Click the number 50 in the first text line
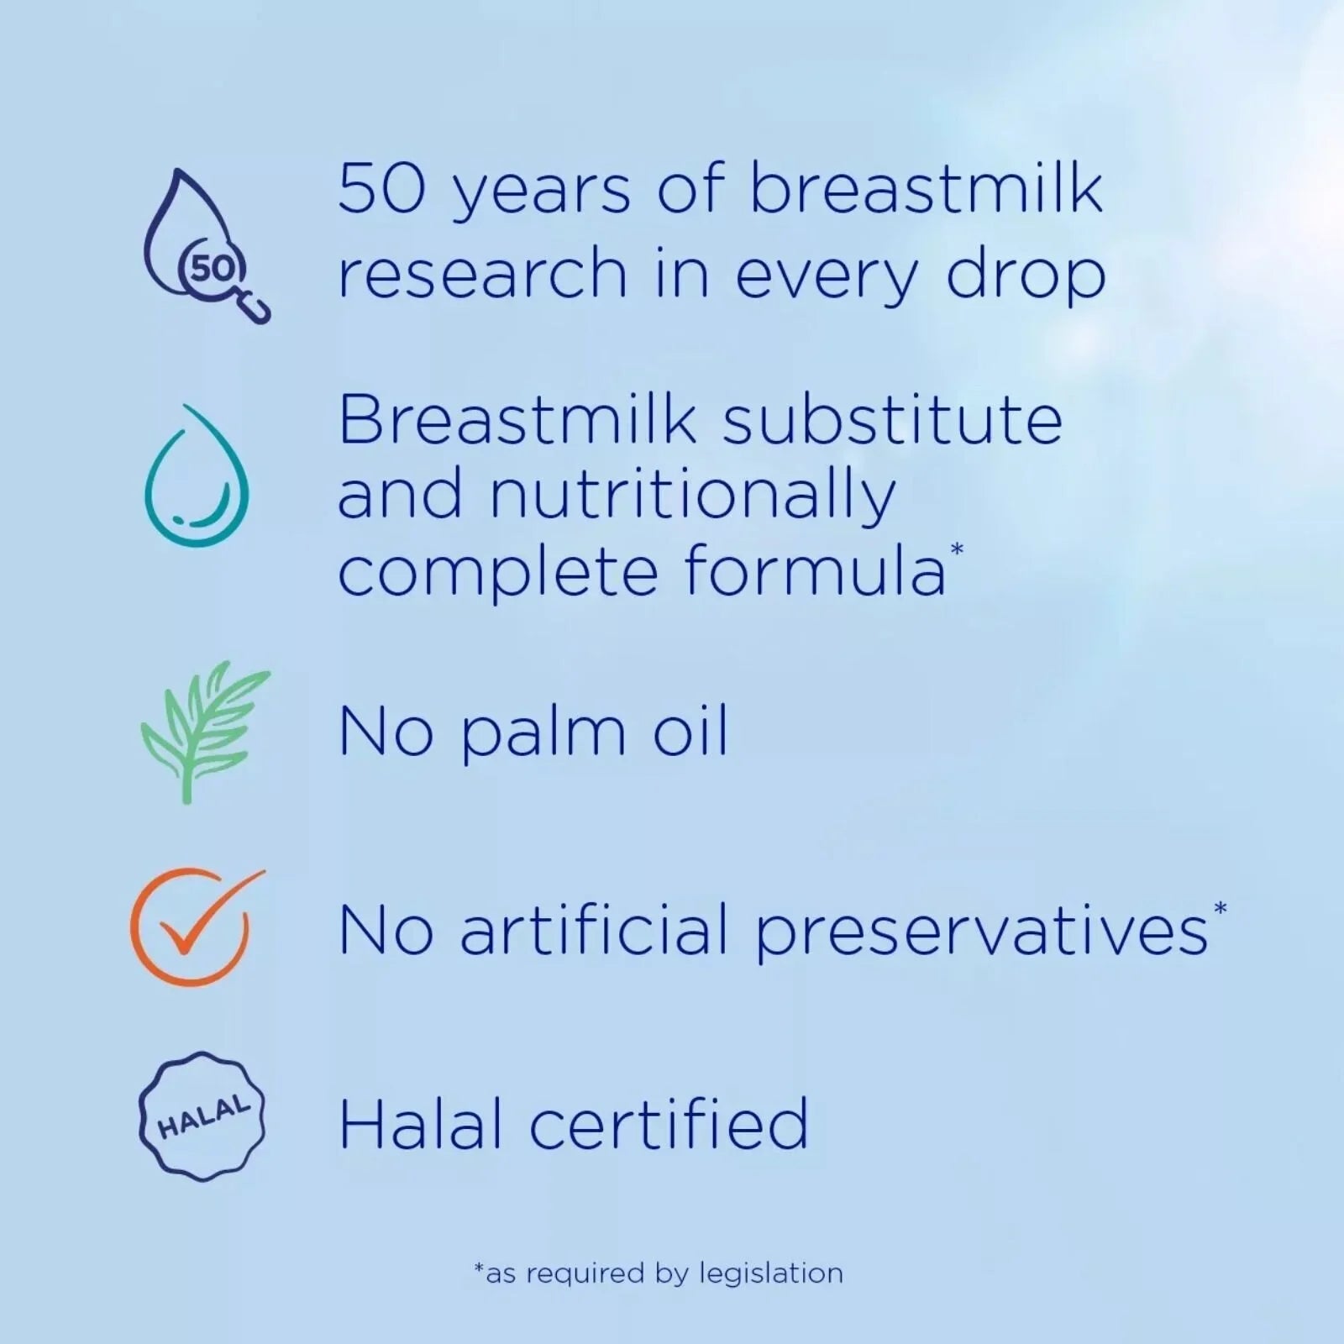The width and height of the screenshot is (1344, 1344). (x=373, y=190)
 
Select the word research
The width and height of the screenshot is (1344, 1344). (x=482, y=274)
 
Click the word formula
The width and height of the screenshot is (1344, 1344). (x=815, y=572)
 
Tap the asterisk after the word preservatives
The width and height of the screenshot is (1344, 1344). (x=1220, y=909)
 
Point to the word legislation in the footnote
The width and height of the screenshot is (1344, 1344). (x=771, y=1273)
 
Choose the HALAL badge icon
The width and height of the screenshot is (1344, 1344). (x=202, y=1117)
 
